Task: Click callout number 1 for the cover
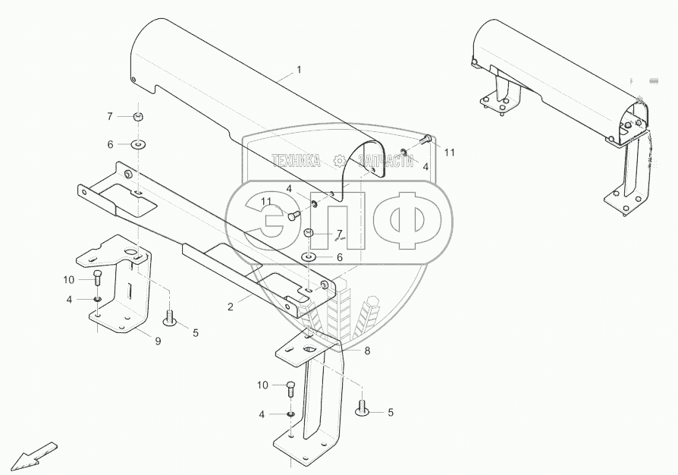pyautogui.click(x=299, y=70)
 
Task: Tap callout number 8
pyautogui.click(x=367, y=351)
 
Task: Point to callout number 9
pyautogui.click(x=159, y=341)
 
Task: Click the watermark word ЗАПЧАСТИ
pyautogui.click(x=383, y=160)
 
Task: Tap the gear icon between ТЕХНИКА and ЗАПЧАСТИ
pyautogui.click(x=339, y=160)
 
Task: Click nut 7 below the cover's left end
pyautogui.click(x=139, y=116)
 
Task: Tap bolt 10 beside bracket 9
pyautogui.click(x=99, y=278)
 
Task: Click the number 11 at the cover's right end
pyautogui.click(x=450, y=153)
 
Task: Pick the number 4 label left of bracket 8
pyautogui.click(x=262, y=414)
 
